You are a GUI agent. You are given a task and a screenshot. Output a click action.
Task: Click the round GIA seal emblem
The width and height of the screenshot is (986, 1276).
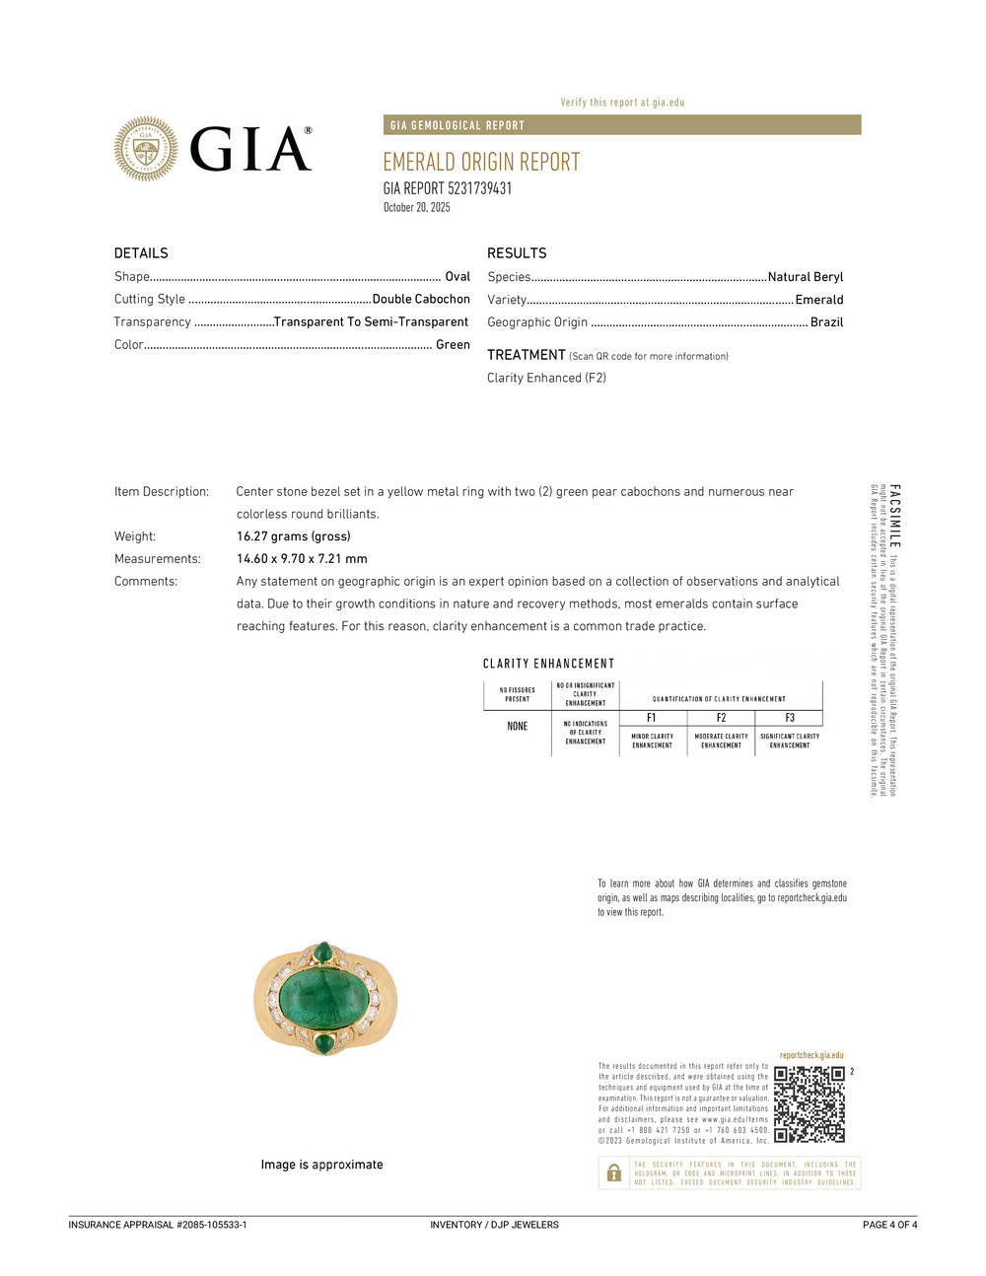coord(146,149)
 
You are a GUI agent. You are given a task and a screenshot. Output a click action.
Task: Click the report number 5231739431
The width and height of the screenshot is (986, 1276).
coord(479,188)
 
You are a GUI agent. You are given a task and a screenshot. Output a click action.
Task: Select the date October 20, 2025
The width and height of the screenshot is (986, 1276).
coord(416,207)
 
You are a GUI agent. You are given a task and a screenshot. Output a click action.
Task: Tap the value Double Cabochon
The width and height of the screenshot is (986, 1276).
coord(421,299)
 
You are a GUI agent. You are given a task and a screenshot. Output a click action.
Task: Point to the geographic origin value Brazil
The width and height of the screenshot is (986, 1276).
coord(826,322)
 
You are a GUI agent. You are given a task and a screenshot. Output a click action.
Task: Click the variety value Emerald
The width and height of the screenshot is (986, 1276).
coord(818,300)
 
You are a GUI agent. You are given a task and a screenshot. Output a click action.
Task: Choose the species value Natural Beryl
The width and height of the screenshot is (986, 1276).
coord(805,277)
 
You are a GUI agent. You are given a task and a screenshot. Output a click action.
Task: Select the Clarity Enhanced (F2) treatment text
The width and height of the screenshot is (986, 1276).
coord(546,378)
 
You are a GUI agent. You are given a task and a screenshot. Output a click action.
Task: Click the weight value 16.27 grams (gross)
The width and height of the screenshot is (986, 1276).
coord(293,536)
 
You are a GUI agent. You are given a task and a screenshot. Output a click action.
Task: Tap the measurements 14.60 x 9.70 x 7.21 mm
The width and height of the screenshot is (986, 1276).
coord(302,559)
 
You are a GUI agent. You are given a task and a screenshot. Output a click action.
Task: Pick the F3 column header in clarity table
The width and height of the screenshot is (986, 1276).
coord(789,718)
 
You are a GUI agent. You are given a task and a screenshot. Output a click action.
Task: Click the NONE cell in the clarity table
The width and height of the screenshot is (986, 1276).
coord(517,727)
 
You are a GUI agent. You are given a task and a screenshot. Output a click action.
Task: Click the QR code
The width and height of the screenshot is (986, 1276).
coord(809,1103)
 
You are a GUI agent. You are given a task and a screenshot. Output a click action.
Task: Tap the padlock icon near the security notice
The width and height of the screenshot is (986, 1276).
coord(613,1172)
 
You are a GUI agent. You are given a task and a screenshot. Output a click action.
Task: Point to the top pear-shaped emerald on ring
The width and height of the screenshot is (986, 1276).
coord(322,952)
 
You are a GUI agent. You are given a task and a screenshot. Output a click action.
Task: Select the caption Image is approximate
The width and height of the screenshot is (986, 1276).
coord(321,1165)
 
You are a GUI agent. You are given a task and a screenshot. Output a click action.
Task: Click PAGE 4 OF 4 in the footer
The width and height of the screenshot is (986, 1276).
coord(889,1225)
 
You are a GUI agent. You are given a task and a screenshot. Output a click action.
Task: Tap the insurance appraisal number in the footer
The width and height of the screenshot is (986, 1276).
coord(158,1225)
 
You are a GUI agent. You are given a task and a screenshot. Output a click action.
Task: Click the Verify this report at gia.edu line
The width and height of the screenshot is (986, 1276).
coord(621,103)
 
